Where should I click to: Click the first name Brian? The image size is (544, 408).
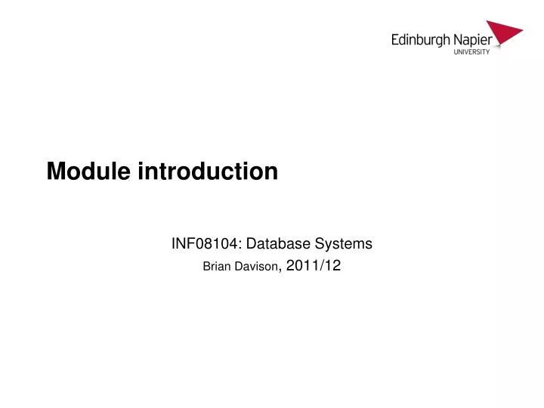(x=218, y=266)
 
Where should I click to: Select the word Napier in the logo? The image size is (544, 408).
(x=472, y=39)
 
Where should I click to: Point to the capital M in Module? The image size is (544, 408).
(x=55, y=173)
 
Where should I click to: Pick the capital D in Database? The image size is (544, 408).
(x=249, y=244)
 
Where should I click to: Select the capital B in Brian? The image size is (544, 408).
(x=208, y=266)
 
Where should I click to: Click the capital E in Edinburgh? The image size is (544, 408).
(x=395, y=39)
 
